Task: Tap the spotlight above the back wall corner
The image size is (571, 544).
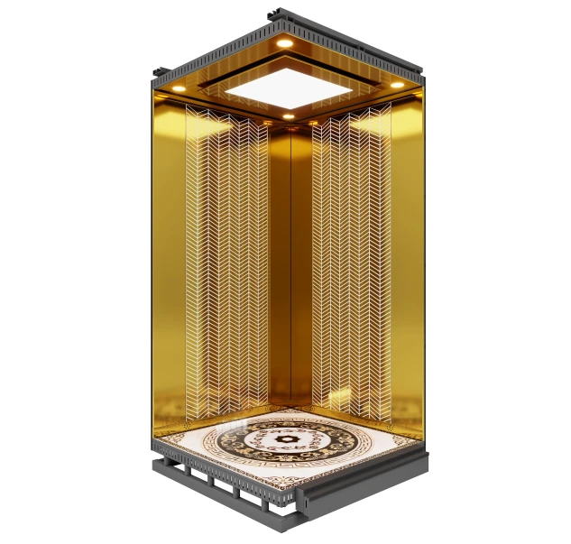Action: click(x=287, y=115)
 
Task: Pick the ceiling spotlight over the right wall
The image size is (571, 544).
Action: click(x=395, y=85)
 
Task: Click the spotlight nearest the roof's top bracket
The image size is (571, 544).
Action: click(x=284, y=42)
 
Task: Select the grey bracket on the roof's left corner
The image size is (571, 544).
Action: click(x=160, y=73)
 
